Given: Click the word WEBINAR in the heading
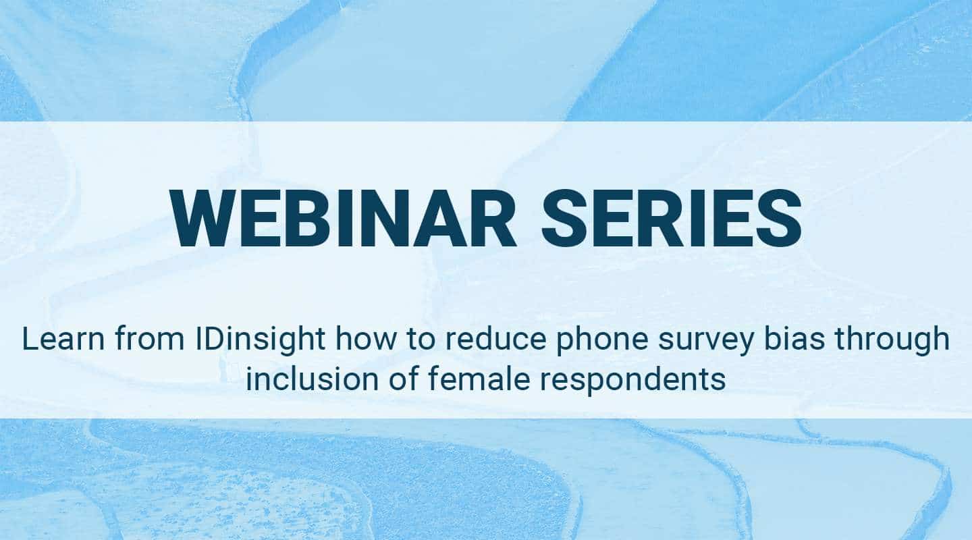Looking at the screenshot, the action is tap(343, 218).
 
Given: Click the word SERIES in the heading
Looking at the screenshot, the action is tap(671, 218).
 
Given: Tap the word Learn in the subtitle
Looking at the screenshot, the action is tap(63, 339).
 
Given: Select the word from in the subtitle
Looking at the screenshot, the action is tap(150, 339).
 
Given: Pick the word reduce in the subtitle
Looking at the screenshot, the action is tap(496, 339).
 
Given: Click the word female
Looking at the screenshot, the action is tap(479, 379).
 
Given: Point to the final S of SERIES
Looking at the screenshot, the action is tap(779, 218).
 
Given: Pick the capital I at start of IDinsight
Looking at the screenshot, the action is tap(198, 339).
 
